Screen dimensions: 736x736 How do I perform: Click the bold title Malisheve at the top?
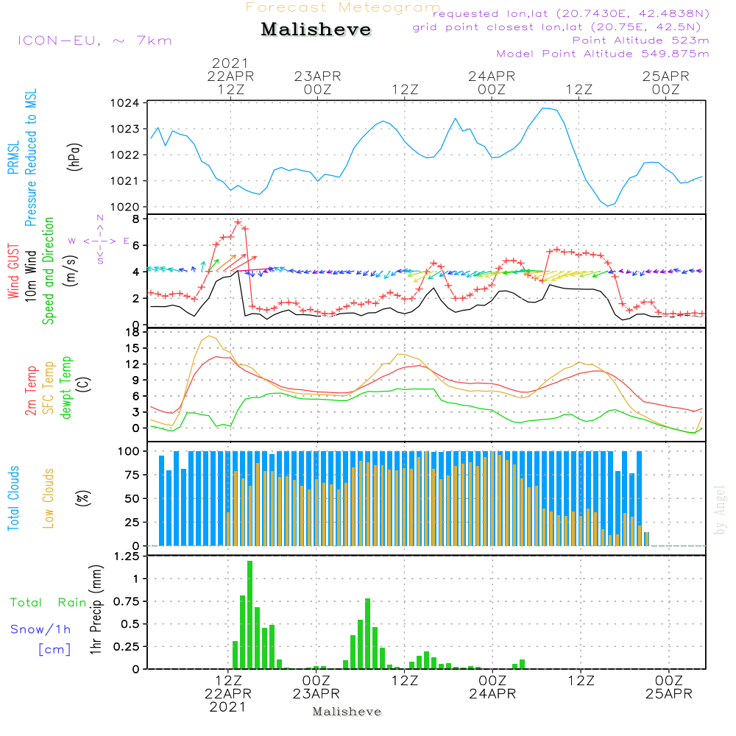click(316, 30)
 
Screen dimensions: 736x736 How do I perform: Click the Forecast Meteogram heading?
click(343, 7)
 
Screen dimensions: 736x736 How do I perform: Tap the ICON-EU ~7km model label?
click(94, 40)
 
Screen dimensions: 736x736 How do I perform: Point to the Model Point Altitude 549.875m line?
click(603, 54)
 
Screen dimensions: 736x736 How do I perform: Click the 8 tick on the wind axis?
click(135, 219)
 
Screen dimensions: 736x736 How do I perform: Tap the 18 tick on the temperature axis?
click(132, 333)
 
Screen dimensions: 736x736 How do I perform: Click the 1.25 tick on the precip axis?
click(127, 556)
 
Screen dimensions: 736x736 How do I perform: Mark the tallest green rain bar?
click(250, 615)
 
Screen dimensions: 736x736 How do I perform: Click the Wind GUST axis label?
click(13, 272)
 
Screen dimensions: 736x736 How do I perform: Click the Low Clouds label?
click(49, 498)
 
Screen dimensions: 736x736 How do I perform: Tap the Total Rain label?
click(48, 603)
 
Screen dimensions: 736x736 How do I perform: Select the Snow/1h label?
click(40, 629)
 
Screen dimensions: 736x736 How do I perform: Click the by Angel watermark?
click(720, 510)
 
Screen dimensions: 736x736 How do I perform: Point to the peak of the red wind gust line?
click(238, 222)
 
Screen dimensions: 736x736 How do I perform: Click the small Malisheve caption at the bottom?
click(347, 712)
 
